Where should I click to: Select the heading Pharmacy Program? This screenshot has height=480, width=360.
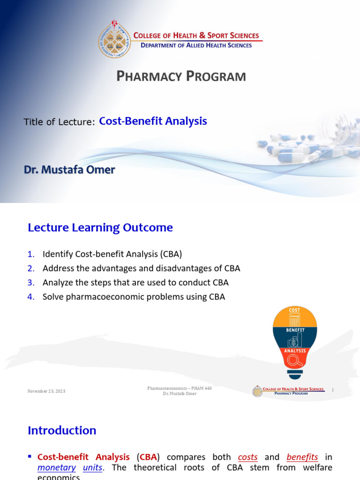(181, 76)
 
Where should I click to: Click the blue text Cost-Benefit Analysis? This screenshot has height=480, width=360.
(153, 121)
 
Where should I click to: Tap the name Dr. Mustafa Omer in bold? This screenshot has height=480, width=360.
(69, 170)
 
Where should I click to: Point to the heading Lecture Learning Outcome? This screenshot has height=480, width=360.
(100, 228)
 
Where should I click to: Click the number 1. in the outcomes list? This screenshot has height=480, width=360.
(31, 254)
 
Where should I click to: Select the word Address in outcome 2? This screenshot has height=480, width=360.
(57, 268)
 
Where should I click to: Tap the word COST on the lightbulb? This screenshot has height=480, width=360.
(294, 311)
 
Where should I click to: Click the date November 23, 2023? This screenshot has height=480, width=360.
(46, 391)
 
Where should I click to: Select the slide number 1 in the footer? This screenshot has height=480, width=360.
(332, 390)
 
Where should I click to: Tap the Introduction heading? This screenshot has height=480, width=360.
(62, 430)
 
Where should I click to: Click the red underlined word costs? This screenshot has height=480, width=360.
(248, 457)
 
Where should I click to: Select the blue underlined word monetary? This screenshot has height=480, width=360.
(57, 467)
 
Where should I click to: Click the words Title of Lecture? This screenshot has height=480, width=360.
(60, 122)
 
